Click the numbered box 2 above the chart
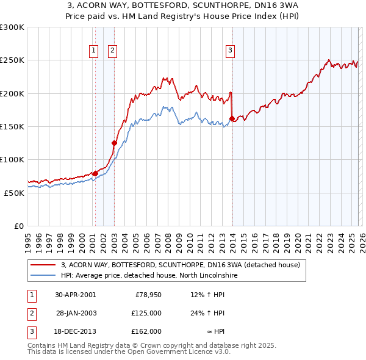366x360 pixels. click(113, 51)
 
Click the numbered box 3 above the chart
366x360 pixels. click(231, 51)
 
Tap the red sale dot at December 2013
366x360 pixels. click(232, 118)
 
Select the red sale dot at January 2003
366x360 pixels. click(114, 143)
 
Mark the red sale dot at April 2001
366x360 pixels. click(95, 173)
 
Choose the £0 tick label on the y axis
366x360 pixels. click(18, 226)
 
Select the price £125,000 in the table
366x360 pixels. click(146, 313)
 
